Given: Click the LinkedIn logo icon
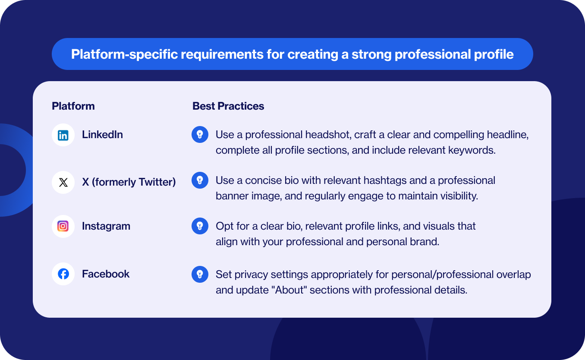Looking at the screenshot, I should tap(63, 135).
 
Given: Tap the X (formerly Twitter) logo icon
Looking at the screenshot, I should tap(63, 183).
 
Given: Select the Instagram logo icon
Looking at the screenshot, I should tap(63, 226).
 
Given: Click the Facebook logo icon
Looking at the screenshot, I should tap(63, 274).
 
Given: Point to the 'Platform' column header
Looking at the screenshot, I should tap(73, 106).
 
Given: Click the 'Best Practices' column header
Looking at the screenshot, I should tap(228, 106).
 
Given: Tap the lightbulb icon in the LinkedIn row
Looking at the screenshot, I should tap(200, 135).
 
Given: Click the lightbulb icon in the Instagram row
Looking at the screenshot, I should tap(200, 226).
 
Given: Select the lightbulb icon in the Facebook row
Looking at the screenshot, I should tap(200, 274).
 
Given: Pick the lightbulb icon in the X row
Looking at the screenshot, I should tap(200, 180).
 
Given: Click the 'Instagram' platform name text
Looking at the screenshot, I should tap(106, 226).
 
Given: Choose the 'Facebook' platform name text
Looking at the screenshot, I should tap(106, 274).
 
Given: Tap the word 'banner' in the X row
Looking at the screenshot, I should tap(231, 196).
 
